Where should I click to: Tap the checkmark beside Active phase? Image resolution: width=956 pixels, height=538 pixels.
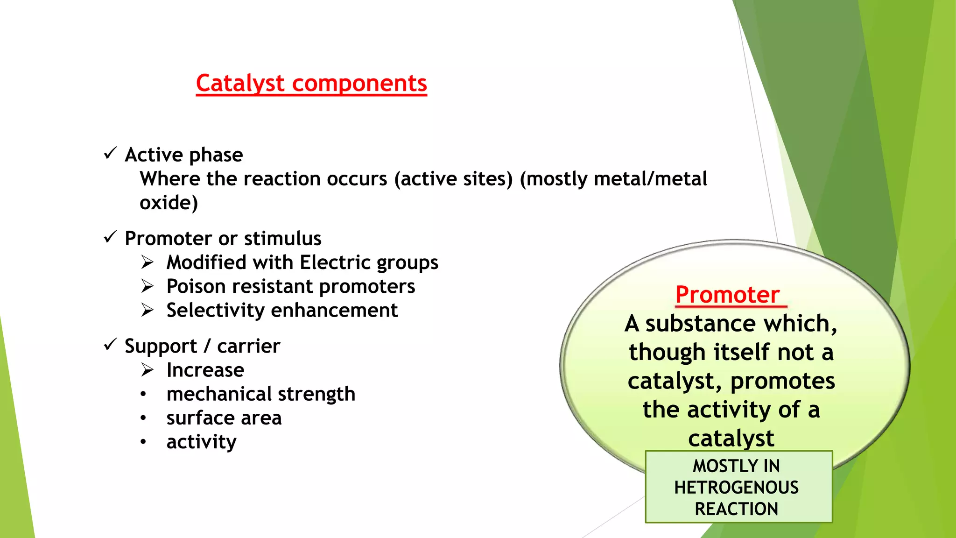(x=110, y=153)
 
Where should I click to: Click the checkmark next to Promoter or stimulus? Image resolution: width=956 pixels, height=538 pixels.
(x=110, y=237)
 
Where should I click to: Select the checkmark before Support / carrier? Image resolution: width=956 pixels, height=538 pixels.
(x=110, y=345)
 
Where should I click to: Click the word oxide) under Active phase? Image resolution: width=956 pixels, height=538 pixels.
(x=169, y=203)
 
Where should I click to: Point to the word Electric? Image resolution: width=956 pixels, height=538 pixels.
(x=336, y=262)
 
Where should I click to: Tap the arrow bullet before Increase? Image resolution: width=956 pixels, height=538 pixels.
(x=148, y=370)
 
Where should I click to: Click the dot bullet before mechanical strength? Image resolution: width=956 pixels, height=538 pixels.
(x=143, y=394)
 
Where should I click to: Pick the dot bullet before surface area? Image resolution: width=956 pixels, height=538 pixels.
(x=143, y=418)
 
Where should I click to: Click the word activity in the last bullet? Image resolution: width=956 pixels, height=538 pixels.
(x=201, y=442)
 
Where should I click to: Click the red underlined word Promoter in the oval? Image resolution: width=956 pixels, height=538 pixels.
(x=727, y=295)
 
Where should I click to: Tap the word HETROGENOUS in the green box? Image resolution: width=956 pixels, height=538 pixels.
(x=736, y=488)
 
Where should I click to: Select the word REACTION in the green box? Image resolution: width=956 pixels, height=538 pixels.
(x=736, y=509)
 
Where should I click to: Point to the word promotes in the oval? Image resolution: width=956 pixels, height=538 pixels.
(x=782, y=382)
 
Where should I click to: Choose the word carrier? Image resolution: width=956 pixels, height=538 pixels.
(x=248, y=347)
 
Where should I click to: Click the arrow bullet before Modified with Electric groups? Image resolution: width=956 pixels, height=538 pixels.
(x=148, y=262)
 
